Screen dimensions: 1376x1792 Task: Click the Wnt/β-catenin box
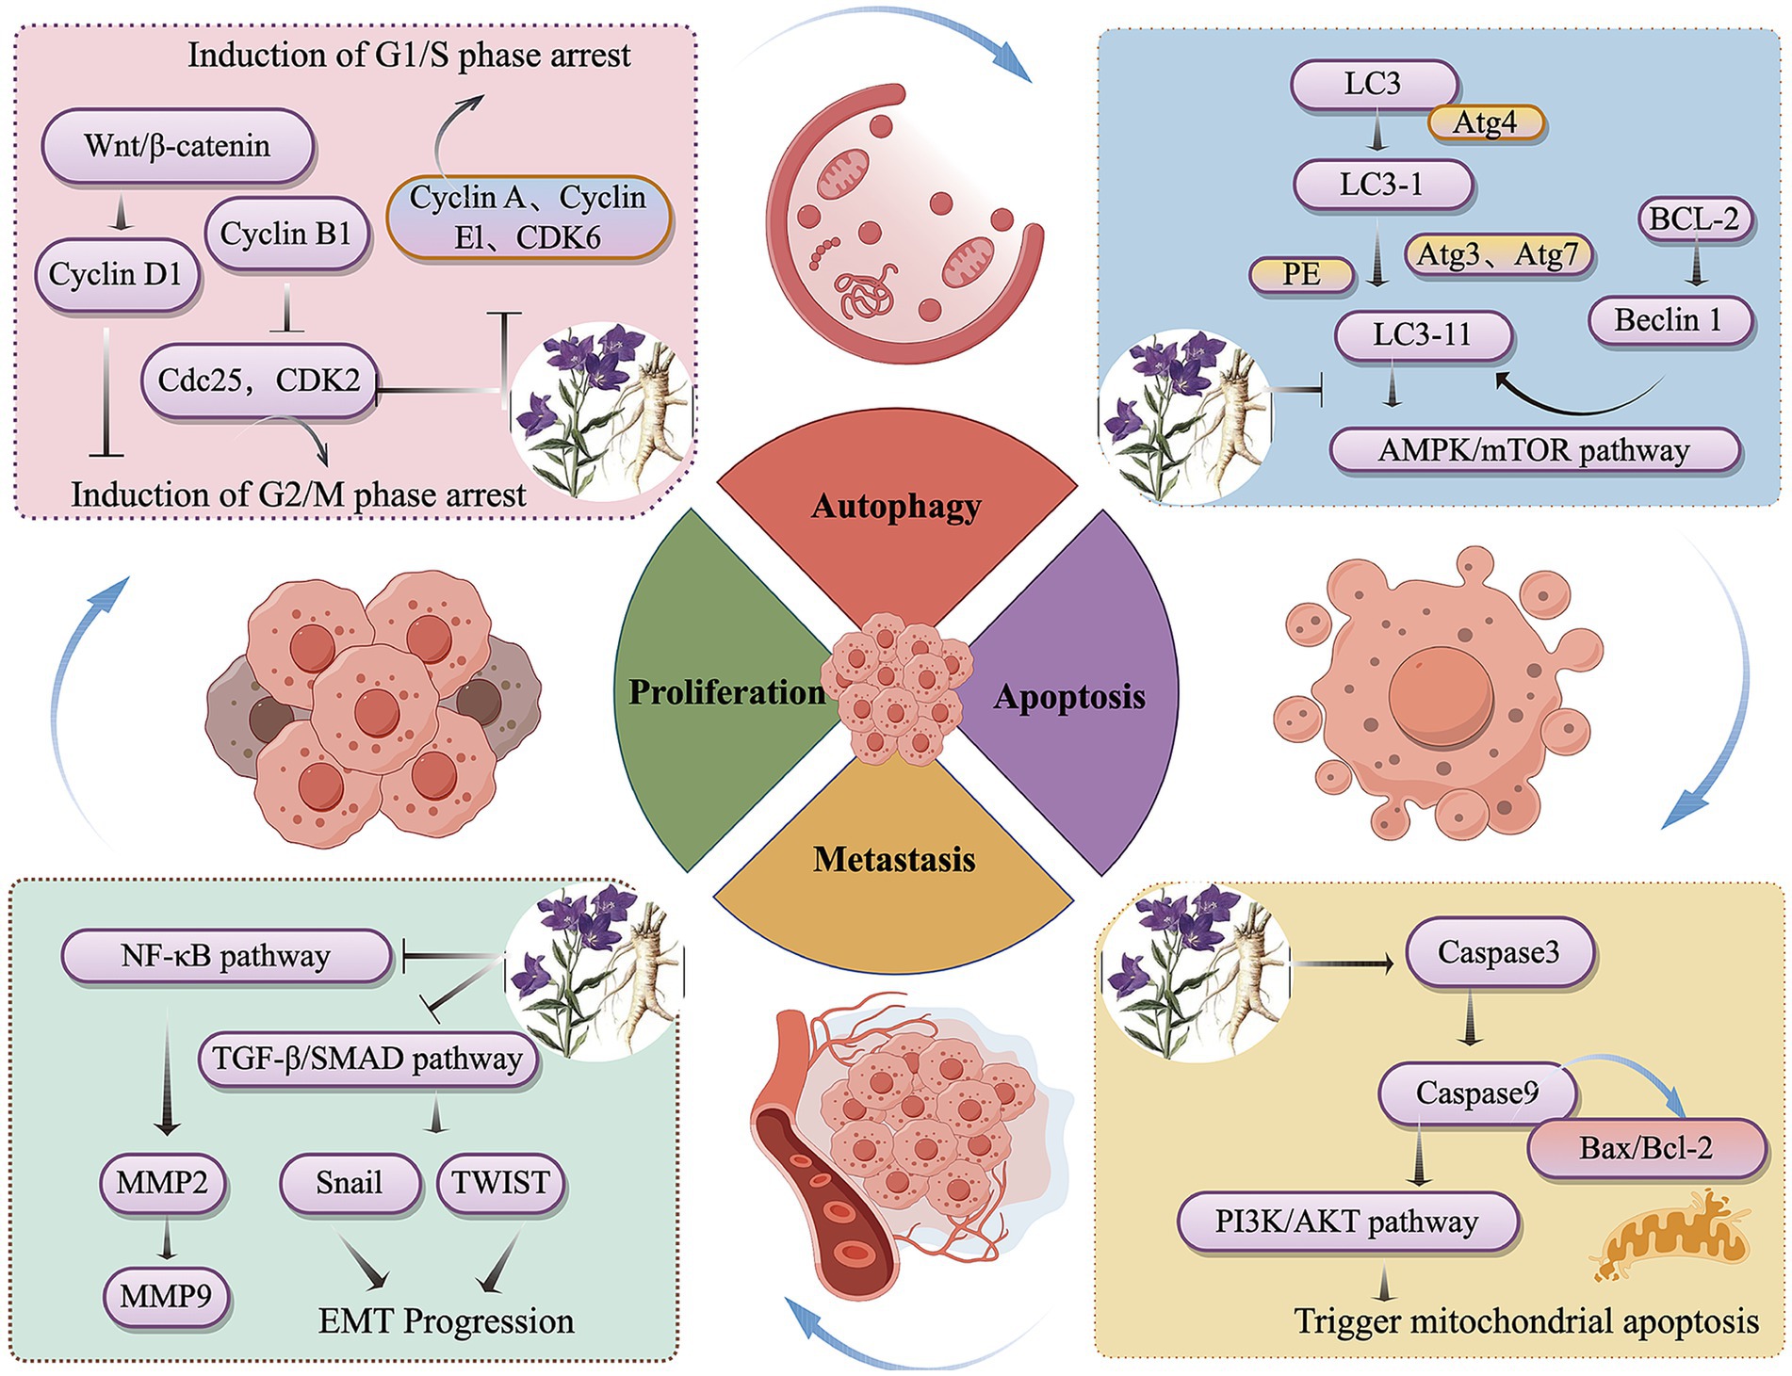pos(177,146)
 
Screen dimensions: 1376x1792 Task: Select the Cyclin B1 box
pos(285,234)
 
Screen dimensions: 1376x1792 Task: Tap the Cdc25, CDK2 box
pos(259,380)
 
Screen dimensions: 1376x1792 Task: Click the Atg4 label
pos(1485,122)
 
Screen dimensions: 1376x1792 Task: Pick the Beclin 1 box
pos(1669,320)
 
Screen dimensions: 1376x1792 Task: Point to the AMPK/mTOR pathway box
pos(1533,450)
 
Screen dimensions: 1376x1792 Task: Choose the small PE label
pos(1300,274)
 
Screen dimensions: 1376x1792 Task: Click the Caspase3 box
pos(1498,952)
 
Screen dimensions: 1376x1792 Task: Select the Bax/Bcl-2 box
pos(1645,1148)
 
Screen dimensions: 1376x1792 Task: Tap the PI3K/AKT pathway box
pos(1346,1222)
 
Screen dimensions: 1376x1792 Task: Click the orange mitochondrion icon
pos(1668,1236)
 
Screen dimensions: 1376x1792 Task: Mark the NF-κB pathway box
pos(225,957)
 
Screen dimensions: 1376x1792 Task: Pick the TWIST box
pos(500,1182)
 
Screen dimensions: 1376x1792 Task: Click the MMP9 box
pos(166,1297)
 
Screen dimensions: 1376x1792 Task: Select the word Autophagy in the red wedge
pos(896,507)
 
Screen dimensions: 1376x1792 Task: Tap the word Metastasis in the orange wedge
pos(894,859)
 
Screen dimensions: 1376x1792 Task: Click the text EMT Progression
pos(446,1321)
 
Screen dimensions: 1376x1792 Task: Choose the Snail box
pos(350,1182)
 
